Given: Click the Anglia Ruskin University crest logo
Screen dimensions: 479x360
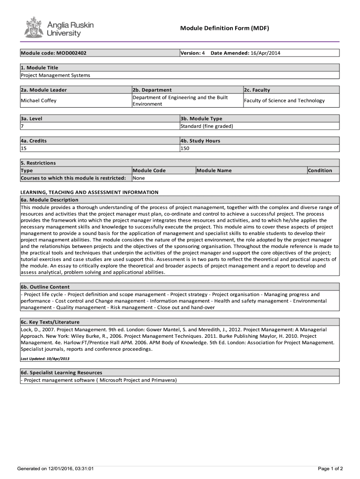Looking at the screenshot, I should pos(33,27).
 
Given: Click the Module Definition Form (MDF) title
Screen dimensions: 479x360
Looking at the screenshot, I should pos(225,29).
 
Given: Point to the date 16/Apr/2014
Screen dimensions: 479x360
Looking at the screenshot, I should pos(266,53).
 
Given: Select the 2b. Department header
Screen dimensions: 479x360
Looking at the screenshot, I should pos(152,90).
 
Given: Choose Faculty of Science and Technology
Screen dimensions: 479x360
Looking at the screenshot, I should pos(284,101).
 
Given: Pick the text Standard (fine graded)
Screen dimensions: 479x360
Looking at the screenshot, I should pos(207,126).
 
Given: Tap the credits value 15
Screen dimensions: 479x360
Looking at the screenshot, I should pos(24,148).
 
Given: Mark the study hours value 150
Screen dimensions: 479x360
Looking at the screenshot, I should pos(185,148).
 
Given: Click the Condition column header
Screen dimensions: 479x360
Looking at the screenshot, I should pos(320,170).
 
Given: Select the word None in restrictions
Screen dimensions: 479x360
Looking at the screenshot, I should pos(139,178).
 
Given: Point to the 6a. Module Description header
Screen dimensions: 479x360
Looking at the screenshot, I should pos(50,200).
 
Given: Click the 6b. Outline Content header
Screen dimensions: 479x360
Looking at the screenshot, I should pos(45,287).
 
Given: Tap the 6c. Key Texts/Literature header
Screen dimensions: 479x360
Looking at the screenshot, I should pos(50,322).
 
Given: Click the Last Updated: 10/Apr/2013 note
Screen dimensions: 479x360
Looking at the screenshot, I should pos(45,358).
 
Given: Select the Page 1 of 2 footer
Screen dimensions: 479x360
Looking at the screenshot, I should pos(331,468).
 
